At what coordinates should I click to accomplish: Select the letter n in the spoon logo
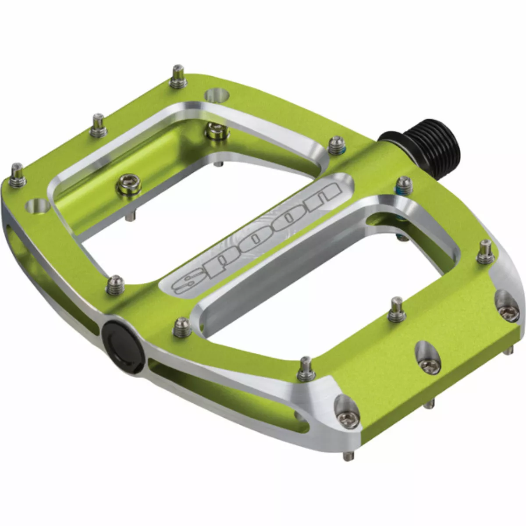(322, 195)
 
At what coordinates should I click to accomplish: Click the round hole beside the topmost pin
(218, 94)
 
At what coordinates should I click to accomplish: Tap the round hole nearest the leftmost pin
(38, 206)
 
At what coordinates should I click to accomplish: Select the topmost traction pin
(178, 76)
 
